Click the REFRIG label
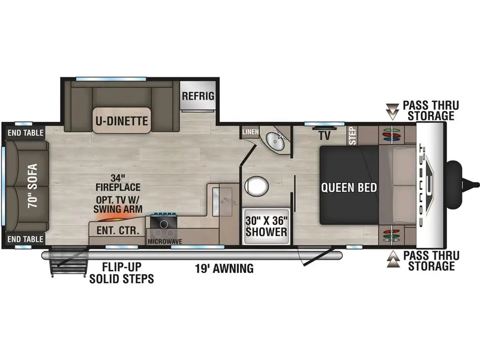click(198, 96)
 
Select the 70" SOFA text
click(32, 186)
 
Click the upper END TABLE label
click(25, 133)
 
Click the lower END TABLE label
click(25, 239)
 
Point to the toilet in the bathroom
click(257, 186)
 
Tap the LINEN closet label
click(251, 132)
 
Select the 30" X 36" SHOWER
click(266, 227)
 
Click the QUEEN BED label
click(349, 187)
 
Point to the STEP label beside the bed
click(353, 136)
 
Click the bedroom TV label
click(325, 136)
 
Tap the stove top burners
click(163, 226)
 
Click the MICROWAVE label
click(164, 242)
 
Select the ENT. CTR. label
click(118, 230)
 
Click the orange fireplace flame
click(116, 218)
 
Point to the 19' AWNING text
click(224, 268)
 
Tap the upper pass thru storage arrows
click(392, 112)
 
